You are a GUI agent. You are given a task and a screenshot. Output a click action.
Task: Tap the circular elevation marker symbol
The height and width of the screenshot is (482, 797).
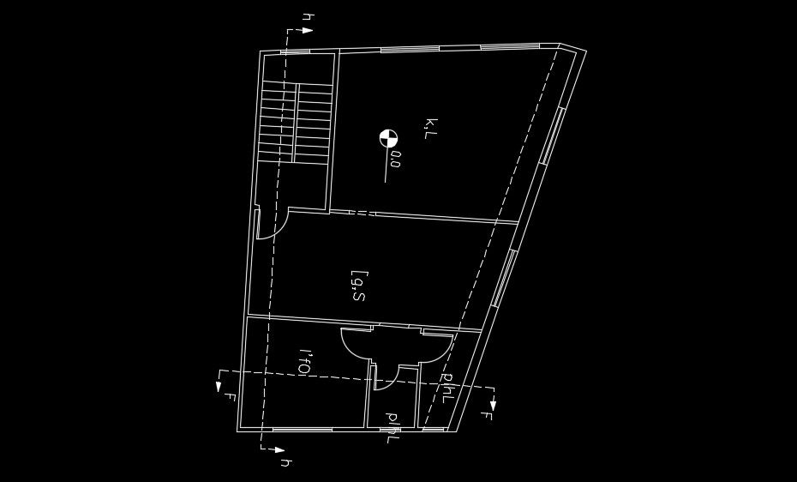[x=388, y=137]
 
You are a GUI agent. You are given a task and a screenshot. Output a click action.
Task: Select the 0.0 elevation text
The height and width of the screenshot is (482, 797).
[x=394, y=160]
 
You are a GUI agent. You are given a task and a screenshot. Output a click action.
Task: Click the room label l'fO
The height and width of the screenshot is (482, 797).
[x=303, y=361]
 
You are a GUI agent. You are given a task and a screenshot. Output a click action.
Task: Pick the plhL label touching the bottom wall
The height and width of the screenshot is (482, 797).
[x=393, y=427]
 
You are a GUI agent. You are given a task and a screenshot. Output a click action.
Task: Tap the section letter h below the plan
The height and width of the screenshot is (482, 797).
[x=286, y=463]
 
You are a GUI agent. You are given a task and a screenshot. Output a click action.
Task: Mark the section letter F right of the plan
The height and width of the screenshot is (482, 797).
[x=485, y=418]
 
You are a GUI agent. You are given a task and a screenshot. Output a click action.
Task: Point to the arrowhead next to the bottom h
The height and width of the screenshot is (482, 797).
[x=281, y=449]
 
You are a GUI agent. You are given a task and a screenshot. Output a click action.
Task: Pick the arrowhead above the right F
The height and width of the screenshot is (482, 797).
[x=494, y=403]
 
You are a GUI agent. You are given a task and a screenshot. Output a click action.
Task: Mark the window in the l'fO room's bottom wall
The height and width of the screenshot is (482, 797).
[x=301, y=428]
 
